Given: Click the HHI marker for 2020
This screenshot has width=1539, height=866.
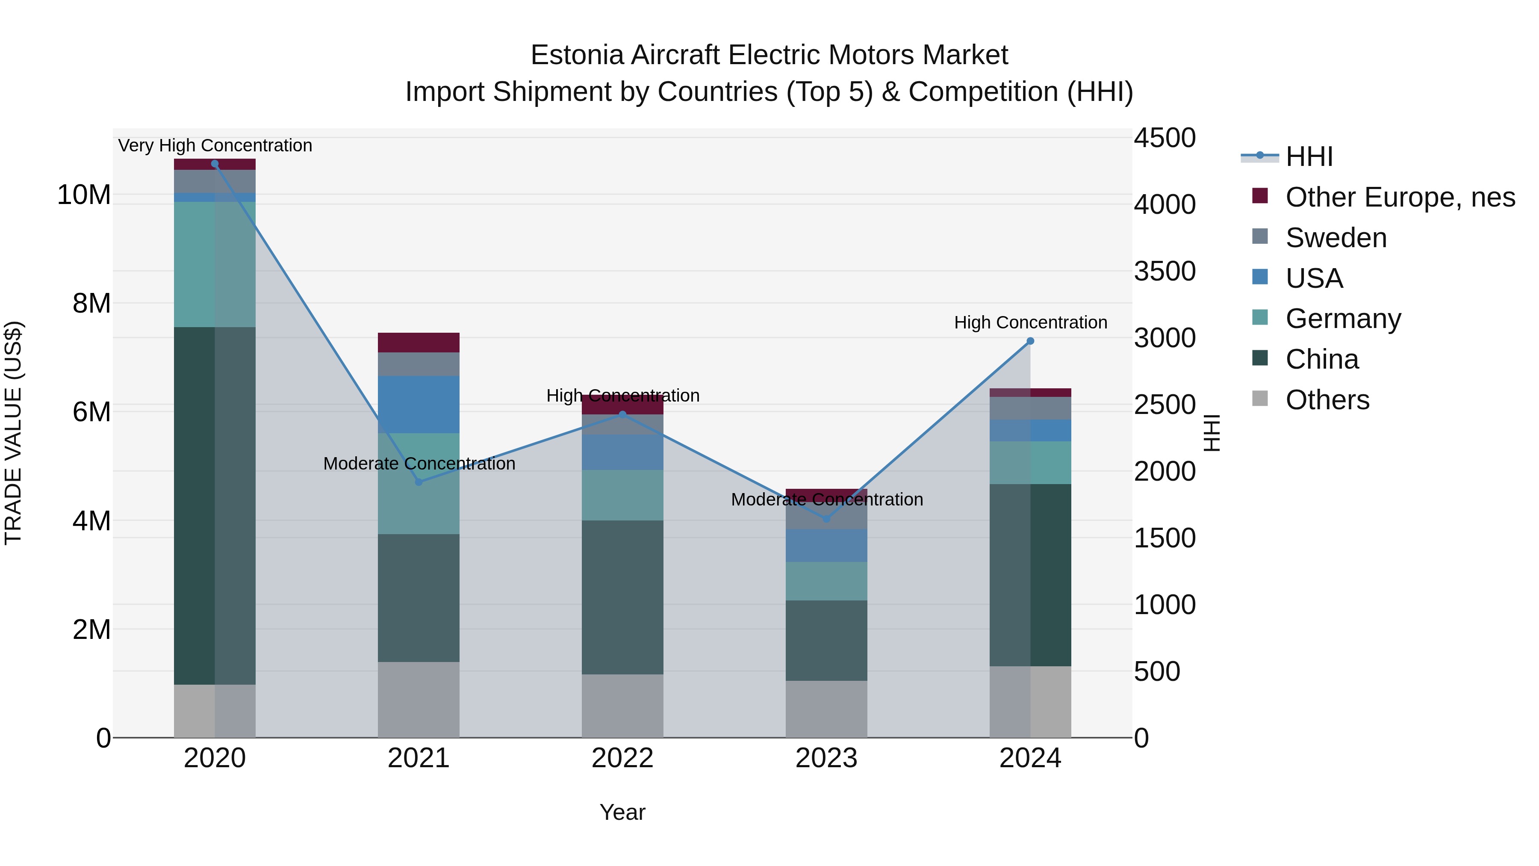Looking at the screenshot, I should click(215, 164).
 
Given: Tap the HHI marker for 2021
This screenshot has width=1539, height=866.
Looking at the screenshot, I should click(419, 482).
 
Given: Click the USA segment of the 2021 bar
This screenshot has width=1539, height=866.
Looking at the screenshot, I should click(419, 404).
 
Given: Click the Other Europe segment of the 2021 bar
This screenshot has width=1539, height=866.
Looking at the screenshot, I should click(419, 343).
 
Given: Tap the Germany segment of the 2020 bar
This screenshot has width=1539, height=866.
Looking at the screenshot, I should click(215, 264).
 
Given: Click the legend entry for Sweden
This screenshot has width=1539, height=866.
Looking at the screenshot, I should click(1336, 238).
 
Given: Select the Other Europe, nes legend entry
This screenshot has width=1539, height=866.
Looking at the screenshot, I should click(1400, 197).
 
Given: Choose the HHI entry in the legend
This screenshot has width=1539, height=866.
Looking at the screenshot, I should click(1309, 157).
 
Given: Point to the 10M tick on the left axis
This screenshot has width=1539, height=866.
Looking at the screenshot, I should click(84, 195).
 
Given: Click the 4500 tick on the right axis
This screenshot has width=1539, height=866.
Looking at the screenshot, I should click(1165, 138).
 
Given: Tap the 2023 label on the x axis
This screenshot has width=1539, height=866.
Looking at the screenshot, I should click(826, 758).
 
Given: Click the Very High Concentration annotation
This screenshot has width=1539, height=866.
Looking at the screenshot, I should click(215, 145).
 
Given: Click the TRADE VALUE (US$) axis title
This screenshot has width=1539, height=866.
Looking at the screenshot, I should click(13, 433).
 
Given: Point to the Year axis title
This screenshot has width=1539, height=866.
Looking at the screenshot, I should click(622, 812).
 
